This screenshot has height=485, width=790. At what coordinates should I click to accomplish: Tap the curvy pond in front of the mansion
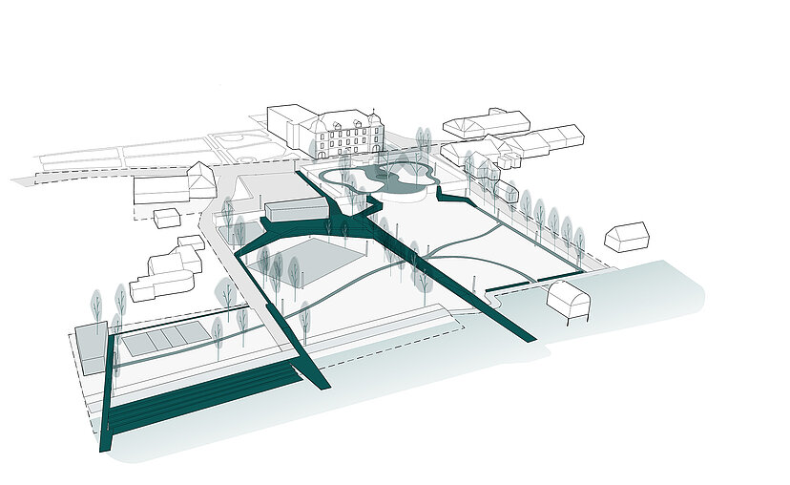[x=382, y=176]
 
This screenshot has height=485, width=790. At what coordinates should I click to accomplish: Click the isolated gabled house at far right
[x=626, y=236]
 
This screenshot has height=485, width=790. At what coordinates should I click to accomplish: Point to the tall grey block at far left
[x=93, y=347]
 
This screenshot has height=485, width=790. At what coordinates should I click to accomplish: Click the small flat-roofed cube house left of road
[x=167, y=218]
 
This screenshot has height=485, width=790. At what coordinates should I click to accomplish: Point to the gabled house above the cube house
[x=201, y=179]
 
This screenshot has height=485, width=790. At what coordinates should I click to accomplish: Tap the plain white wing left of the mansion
[x=290, y=125]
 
